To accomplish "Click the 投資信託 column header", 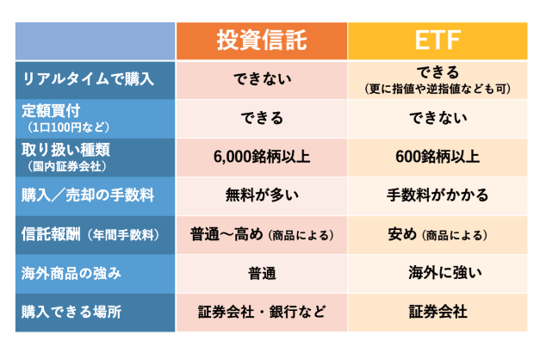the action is (262, 40).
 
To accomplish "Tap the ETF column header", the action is (437, 40).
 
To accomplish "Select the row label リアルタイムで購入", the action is (88, 79).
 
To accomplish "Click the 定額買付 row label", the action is (51, 110).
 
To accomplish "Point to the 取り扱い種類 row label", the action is (65, 150).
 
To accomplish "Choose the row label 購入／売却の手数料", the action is (88, 195).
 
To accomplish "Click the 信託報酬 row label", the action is (51, 234).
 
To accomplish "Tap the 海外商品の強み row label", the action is (71, 273).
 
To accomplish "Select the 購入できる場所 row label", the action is (71, 312).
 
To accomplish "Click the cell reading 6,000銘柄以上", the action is (262, 157).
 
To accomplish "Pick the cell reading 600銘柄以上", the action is (437, 157).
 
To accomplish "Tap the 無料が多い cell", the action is (262, 195).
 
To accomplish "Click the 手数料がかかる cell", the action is (437, 195).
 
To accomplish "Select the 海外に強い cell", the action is (445, 273).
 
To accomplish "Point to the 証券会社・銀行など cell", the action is (262, 312).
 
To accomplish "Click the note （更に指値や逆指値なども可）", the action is (437, 89).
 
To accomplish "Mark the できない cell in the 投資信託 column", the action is (262, 79).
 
